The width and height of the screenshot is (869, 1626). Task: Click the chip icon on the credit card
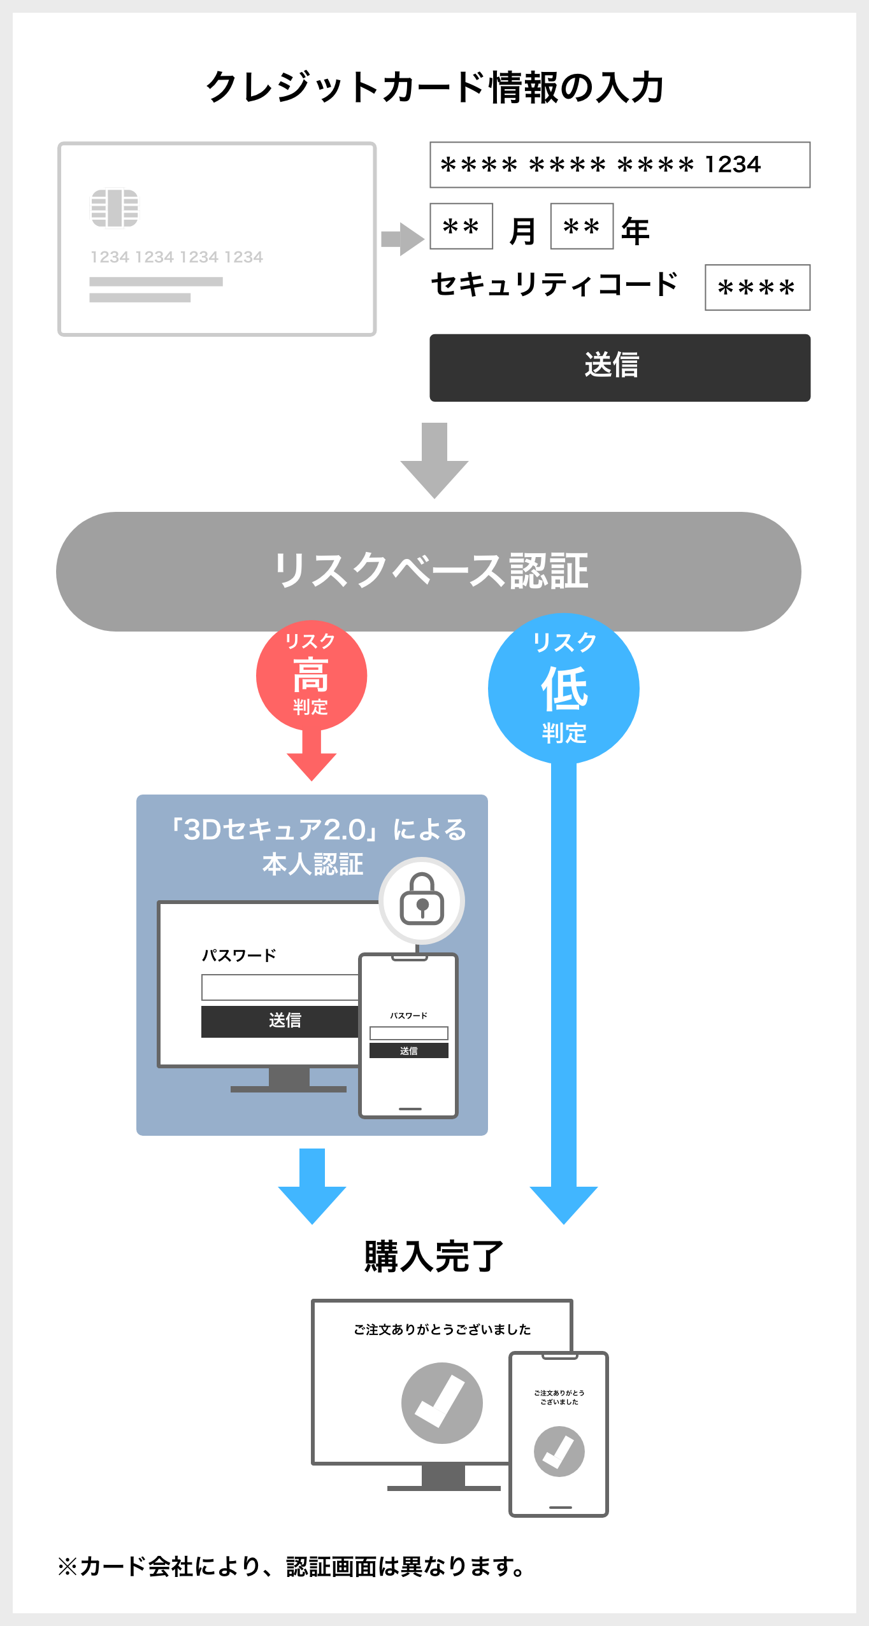[115, 208]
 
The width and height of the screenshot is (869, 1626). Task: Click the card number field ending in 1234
[619, 165]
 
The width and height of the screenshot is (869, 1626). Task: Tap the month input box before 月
[461, 226]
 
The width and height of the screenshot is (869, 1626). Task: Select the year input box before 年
[582, 226]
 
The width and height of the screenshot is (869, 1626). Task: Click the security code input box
[757, 288]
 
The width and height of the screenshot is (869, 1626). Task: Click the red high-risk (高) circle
[311, 675]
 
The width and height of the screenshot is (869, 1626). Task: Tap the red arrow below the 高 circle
[312, 758]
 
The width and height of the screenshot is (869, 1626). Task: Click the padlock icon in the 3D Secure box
[422, 900]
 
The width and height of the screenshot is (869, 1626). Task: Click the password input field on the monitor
[280, 987]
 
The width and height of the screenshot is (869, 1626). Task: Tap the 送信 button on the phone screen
[409, 1050]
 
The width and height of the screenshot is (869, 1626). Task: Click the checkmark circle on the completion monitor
[442, 1403]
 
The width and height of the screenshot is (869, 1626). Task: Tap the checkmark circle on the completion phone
[559, 1452]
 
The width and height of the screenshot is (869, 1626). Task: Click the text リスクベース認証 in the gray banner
[431, 570]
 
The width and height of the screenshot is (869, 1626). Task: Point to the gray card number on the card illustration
[176, 257]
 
